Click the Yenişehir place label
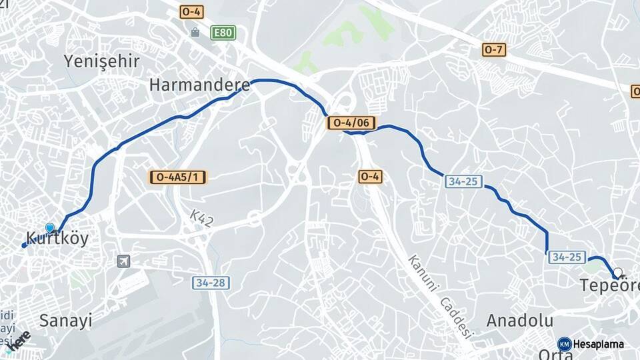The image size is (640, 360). coord(101,61)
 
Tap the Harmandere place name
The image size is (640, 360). coord(199,85)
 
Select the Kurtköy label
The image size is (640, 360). coord(57,239)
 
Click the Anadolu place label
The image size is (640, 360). coord(520,320)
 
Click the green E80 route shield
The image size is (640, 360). coord(223,32)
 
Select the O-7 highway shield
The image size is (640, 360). coord(495,49)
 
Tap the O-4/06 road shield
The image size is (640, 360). coord(351,123)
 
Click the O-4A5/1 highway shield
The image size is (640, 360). coord(179,177)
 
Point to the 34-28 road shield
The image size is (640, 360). coord(211,283)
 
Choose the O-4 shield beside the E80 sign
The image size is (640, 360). coord(192,12)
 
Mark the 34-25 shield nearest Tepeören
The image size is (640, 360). coord(567,257)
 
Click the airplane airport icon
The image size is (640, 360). coord(123,261)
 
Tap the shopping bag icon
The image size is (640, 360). coord(195,32)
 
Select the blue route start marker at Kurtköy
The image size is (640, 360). coord(49,228)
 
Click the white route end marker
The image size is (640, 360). coord(619,272)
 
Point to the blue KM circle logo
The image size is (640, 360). coord(564,344)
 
